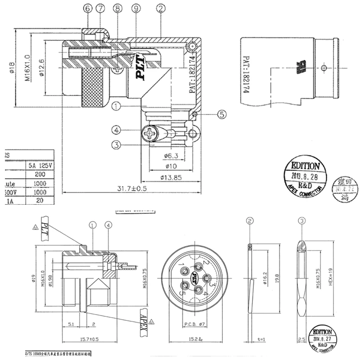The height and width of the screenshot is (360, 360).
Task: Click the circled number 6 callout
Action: pyautogui.click(x=87, y=9)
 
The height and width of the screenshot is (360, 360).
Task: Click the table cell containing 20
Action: pyautogui.click(x=39, y=201)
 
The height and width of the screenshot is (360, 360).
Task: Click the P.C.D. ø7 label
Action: pyautogui.click(x=194, y=325)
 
